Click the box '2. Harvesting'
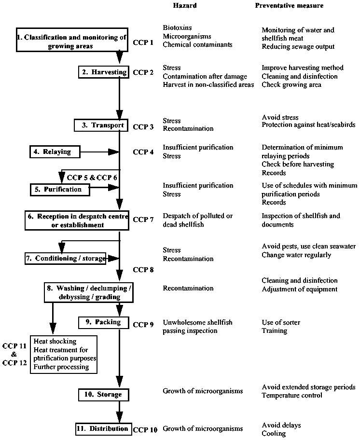pos(104,72)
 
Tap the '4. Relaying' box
pos(54,152)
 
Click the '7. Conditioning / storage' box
pos(65,259)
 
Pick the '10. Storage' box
pos(104,395)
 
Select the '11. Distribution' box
pos(103,428)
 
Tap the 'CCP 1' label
pos(143,42)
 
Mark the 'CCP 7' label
pos(143,220)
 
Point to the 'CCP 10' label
pos(145,429)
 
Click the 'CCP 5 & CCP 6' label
pos(92,178)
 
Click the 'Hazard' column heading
pos(185,6)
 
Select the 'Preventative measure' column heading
pos(289,6)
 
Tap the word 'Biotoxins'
pos(177,28)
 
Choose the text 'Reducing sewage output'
pos(298,47)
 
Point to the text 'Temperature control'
pos(291,396)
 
